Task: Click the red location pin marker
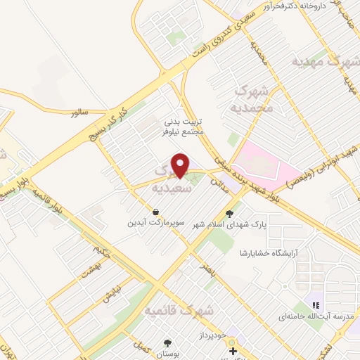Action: (182, 165)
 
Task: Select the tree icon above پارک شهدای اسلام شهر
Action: (229, 212)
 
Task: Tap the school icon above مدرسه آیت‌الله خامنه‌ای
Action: (316, 306)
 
